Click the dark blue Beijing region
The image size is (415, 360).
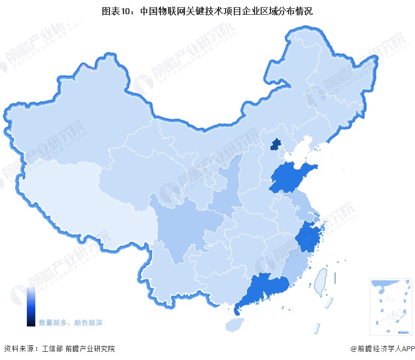tap(277, 144)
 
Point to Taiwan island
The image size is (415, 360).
tap(320, 279)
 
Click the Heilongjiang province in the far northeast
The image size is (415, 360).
tap(334, 71)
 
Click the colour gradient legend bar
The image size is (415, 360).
tap(31, 307)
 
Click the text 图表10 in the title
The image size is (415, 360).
tap(116, 10)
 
